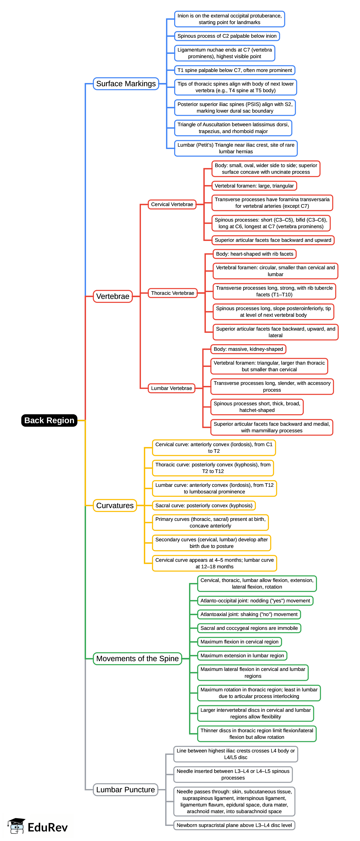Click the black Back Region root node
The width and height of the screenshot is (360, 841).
49,420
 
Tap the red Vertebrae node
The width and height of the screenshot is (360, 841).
113,296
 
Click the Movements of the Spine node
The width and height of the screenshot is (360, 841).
137,659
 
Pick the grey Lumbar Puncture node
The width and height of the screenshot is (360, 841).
125,789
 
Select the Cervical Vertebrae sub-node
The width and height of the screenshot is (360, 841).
172,204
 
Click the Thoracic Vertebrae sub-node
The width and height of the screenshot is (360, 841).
172,293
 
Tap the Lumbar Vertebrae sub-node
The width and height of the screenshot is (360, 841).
171,388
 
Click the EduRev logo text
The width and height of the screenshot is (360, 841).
48,827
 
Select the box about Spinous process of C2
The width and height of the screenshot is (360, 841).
227,36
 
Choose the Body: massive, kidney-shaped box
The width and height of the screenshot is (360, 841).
248,349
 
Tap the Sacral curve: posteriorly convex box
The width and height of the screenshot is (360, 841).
204,505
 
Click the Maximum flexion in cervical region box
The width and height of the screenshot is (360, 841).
239,642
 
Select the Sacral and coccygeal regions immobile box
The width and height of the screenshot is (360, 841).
249,628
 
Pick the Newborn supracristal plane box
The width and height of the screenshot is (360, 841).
234,825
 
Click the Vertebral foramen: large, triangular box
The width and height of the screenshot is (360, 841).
254,186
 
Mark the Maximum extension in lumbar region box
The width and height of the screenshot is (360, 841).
242,655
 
